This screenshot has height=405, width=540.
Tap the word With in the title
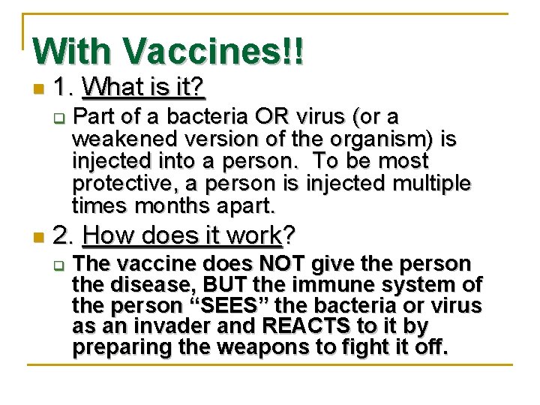click(73, 50)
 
